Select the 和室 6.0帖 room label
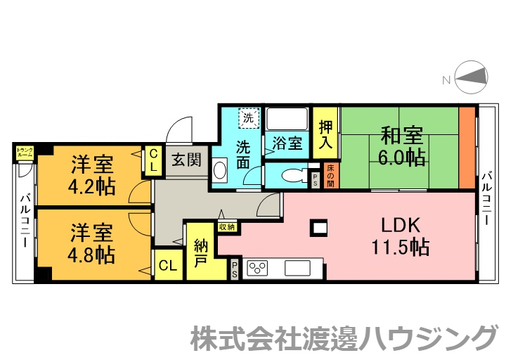tap(403, 146)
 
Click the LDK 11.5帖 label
tap(401, 236)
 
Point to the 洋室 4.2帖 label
tap(92, 177)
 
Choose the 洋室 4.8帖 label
tap(92, 243)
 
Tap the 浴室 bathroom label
tap(287, 143)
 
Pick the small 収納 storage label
tap(226, 226)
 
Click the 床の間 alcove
tap(330, 176)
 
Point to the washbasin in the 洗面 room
tap(219, 171)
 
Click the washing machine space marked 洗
tap(248, 118)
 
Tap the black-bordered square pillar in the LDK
tap(320, 226)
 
